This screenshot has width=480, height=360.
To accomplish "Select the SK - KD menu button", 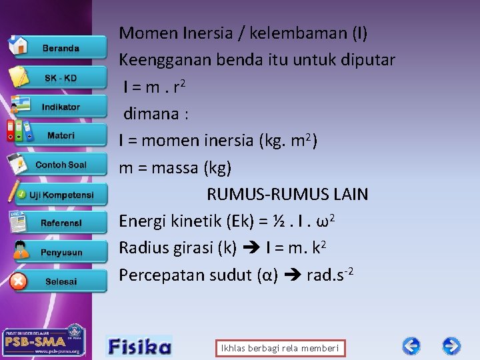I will pos(61,78).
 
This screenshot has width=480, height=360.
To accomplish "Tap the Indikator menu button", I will pos(61,107).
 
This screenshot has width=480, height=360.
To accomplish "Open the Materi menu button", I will pos(61,135).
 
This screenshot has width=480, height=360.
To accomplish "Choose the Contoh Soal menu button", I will pos(61,165).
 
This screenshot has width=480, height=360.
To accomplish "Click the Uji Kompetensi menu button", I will pos(61,194).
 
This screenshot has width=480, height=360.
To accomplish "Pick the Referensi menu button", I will pos(61,223).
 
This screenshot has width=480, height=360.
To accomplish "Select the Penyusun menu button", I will pos(61,253).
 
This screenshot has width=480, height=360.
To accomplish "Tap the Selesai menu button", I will pos(61,281).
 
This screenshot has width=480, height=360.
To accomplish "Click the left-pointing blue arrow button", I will pos(411,346).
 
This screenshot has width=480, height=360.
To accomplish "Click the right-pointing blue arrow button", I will pos(451,346).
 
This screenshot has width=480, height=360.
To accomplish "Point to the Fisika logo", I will pos(139,346).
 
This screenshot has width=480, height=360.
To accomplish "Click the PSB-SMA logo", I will pos(44,341).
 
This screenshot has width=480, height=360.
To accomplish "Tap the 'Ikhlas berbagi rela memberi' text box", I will pos(280,348).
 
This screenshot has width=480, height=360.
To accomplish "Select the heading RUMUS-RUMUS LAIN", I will pos(287,195).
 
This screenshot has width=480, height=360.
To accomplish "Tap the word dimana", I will pos(151,114).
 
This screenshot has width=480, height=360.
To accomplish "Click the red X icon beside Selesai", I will pos(19,281).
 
